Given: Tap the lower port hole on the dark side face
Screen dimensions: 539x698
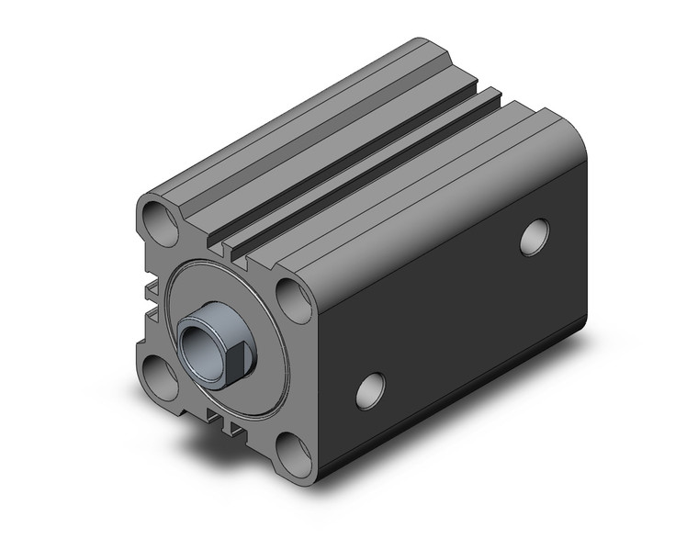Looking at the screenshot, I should [370, 390].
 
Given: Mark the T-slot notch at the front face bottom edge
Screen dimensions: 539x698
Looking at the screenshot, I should [225, 422].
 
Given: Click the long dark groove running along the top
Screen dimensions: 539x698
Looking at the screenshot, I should [367, 165].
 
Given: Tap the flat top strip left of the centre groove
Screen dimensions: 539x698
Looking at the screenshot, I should [312, 138].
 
